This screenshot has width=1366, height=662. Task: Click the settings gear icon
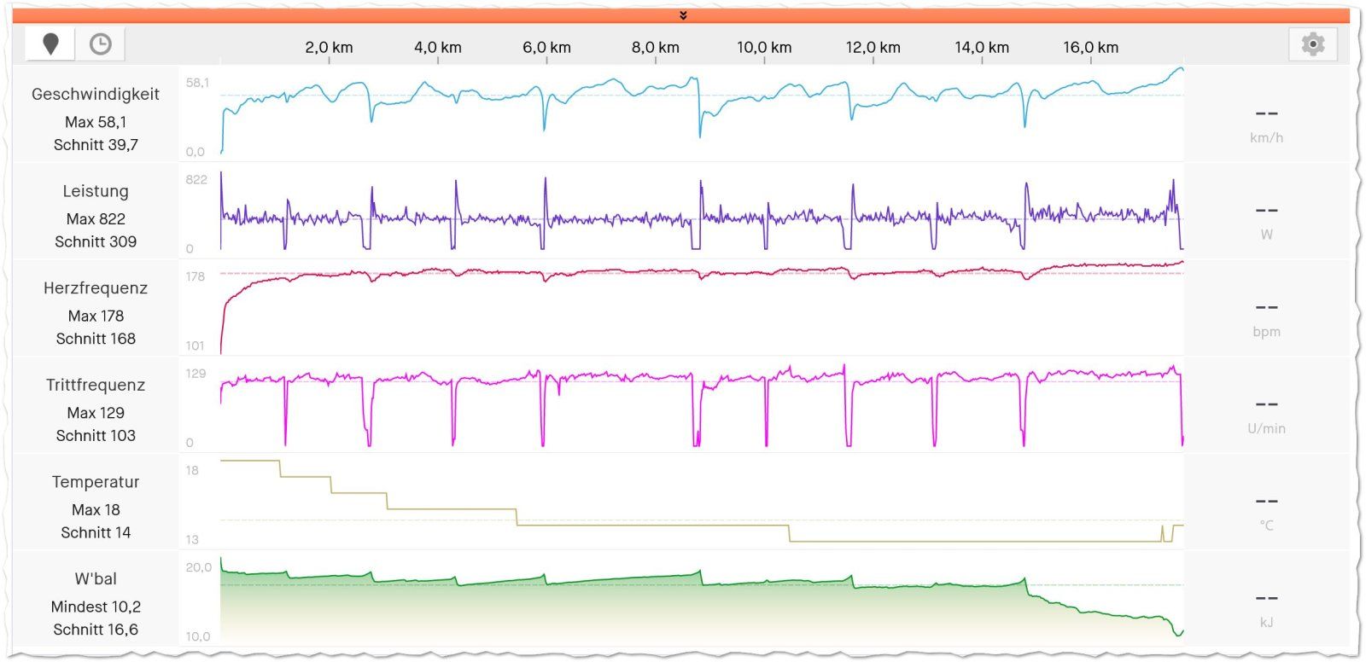[x=1313, y=44]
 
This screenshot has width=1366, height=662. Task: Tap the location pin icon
[x=50, y=44]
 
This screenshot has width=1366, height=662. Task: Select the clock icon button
[x=101, y=44]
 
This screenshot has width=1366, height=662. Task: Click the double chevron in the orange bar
[x=683, y=15]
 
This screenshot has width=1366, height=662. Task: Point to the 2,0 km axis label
[x=329, y=48]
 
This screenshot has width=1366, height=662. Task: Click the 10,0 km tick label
[x=764, y=48]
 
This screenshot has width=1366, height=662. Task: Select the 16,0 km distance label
[x=1090, y=48]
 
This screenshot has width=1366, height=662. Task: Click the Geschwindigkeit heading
[x=96, y=95]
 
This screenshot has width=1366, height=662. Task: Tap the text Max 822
[x=96, y=219]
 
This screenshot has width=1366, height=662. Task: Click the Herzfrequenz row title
[x=96, y=288]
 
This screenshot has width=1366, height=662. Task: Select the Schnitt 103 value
[x=96, y=436]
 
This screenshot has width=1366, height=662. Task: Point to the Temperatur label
[x=96, y=482]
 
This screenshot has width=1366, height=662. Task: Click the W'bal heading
[x=96, y=579]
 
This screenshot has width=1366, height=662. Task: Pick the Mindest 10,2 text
[x=96, y=607]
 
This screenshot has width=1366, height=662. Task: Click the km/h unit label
[x=1266, y=138]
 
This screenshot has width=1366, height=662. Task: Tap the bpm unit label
[x=1266, y=332]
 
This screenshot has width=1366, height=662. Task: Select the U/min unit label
[x=1266, y=429]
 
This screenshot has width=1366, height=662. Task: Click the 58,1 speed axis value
[x=197, y=83]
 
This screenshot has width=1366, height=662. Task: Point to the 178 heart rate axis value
[x=196, y=277]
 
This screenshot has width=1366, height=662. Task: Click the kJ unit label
[x=1266, y=623]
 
